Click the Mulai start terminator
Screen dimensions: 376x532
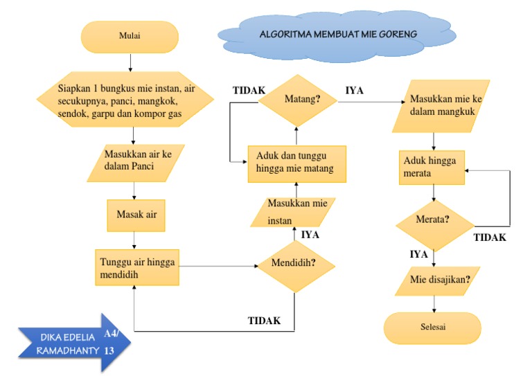130,37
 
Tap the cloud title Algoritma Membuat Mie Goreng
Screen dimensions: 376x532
338,33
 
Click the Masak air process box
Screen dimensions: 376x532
136,215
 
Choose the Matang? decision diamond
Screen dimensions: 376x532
298,99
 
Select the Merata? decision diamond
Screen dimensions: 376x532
434,220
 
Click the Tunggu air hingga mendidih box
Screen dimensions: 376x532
136,268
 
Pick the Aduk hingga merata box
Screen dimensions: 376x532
434,167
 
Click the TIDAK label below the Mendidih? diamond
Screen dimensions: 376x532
264,321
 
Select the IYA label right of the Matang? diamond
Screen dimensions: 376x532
355,90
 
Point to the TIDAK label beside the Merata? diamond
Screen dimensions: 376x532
490,238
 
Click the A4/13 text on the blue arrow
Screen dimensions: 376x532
111,342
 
